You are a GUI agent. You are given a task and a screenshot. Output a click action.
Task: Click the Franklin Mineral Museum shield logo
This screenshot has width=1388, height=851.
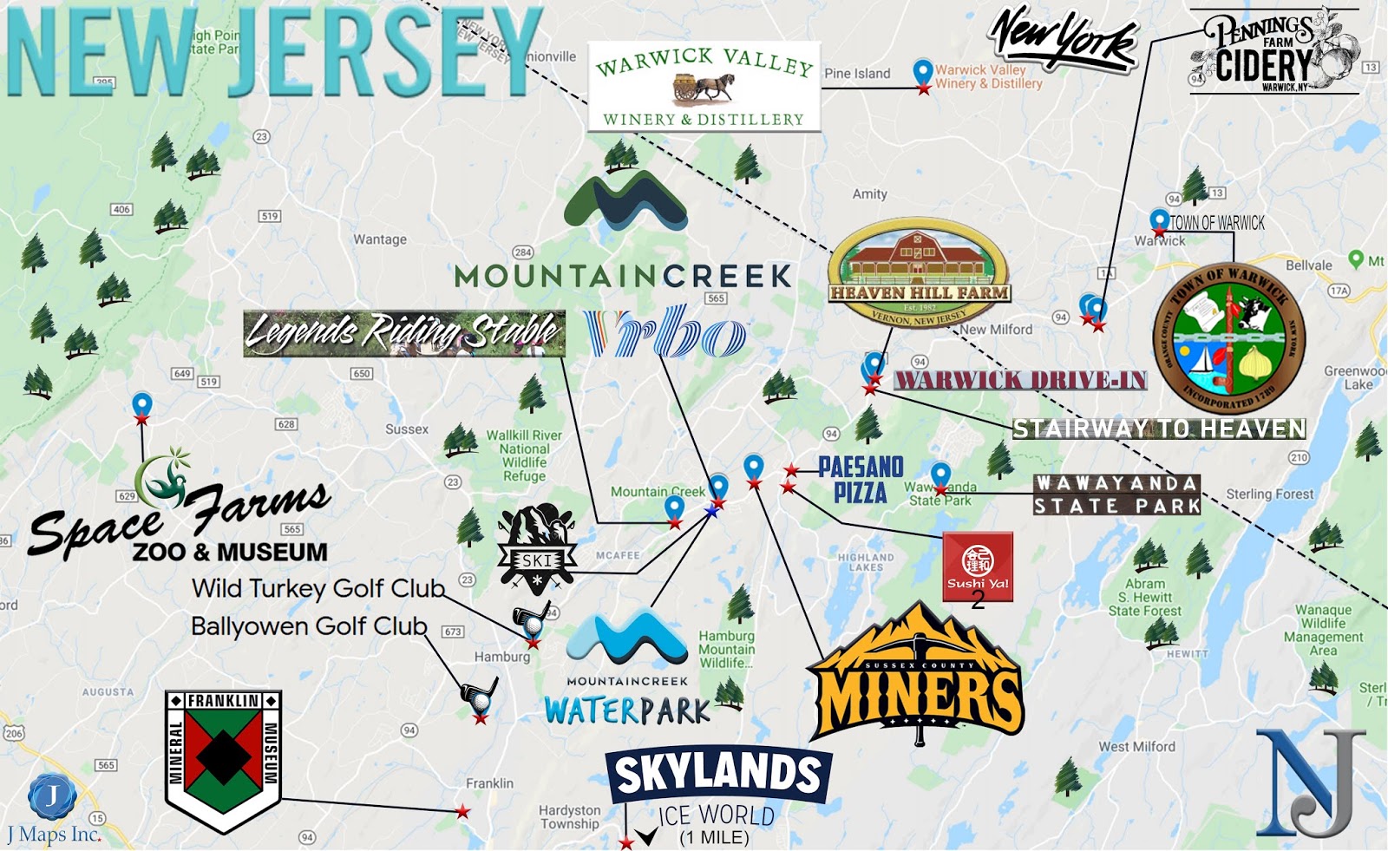[223, 758]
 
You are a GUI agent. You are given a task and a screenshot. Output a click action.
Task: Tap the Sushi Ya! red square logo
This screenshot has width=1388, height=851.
[978, 566]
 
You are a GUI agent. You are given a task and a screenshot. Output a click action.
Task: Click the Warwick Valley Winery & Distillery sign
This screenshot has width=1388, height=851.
[704, 87]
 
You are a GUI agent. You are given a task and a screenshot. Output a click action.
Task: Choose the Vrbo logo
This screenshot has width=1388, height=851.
[665, 332]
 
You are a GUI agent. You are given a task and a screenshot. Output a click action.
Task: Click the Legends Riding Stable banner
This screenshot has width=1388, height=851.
[403, 332]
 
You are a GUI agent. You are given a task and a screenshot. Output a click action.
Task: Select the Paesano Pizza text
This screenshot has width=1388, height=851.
[861, 480]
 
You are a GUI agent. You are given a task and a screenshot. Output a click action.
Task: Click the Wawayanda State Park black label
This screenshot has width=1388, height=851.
[1116, 494]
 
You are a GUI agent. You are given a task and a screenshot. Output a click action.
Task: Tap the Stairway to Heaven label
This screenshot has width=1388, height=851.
[1159, 429]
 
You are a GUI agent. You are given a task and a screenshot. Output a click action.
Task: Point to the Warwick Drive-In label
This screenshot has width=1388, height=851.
[1020, 380]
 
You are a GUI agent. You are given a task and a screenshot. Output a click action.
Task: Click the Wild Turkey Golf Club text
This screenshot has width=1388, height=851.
[318, 588]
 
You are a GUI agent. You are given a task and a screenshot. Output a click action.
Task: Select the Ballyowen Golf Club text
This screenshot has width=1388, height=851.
[309, 626]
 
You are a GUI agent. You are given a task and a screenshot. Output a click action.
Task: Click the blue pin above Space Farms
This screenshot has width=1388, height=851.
[141, 405]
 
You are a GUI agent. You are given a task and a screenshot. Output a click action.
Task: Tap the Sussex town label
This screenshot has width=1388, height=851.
[407, 429]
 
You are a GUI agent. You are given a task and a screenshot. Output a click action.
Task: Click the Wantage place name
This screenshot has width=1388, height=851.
[379, 239]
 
